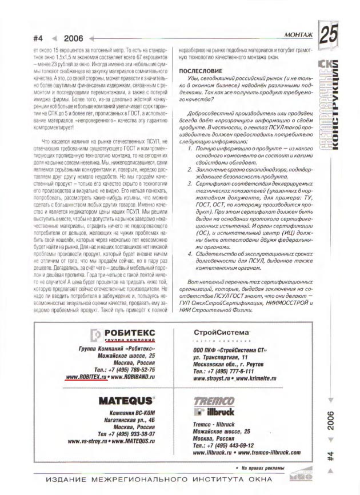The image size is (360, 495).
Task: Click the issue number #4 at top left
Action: pyautogui.click(x=39, y=39)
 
